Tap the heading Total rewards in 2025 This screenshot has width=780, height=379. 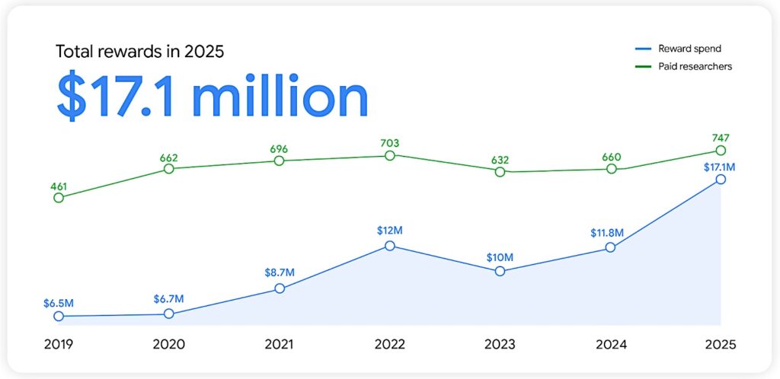tap(139, 52)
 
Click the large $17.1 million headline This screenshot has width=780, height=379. tap(213, 97)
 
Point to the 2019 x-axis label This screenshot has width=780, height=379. tap(59, 344)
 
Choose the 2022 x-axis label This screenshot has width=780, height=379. tap(389, 344)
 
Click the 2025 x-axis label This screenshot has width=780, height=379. tap(720, 344)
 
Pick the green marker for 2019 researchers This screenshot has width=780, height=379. tap(59, 198)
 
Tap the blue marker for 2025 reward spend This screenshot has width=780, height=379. tap(721, 180)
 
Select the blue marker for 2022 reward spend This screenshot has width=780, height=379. tap(390, 246)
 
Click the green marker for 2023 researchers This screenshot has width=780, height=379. tap(500, 172)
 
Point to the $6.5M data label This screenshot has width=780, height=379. tap(59, 303)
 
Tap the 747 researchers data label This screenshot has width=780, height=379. tap(721, 137)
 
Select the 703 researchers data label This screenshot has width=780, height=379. tap(390, 142)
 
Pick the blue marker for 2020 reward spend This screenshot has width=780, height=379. tap(169, 314)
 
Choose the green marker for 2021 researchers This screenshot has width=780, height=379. tap(280, 161)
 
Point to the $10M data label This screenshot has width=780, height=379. tap(500, 257)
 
